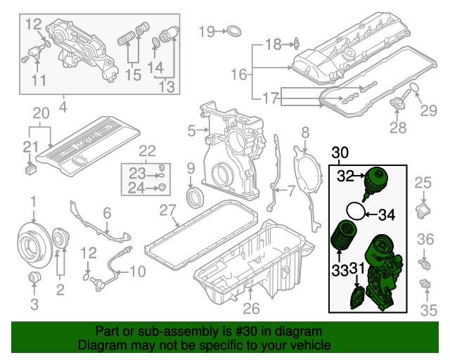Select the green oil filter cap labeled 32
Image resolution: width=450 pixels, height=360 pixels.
click(375, 181)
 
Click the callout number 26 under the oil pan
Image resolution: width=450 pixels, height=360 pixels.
click(251, 307)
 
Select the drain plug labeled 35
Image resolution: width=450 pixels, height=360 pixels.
click(424, 285)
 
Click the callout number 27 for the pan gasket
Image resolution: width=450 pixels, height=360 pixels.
click(167, 210)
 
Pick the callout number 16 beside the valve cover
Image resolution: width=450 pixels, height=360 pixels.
click(239, 74)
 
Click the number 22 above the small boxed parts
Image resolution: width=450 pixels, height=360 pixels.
click(146, 150)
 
